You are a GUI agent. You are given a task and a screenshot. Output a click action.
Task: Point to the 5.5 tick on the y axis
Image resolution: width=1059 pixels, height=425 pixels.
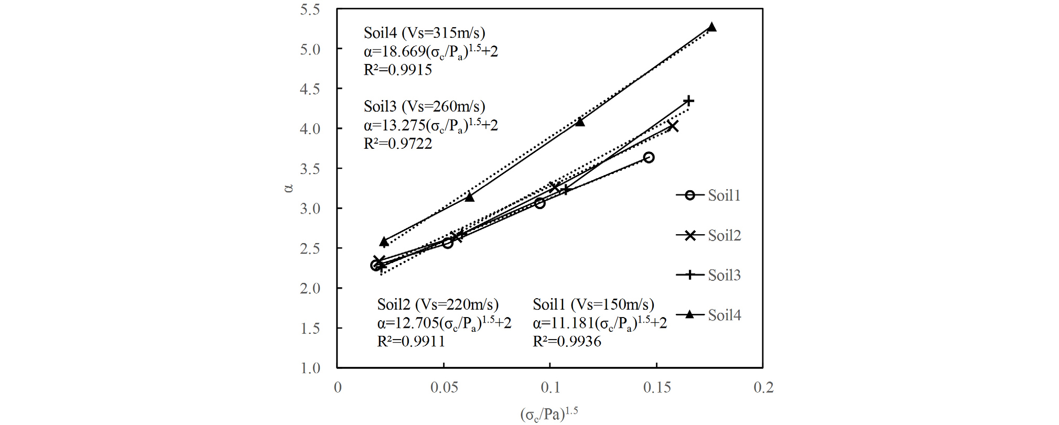[x=310, y=9]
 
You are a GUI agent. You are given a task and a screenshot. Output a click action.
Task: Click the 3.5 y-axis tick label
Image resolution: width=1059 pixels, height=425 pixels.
[x=310, y=169]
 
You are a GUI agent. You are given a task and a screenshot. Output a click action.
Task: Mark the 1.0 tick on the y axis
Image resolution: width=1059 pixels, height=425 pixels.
[x=310, y=368]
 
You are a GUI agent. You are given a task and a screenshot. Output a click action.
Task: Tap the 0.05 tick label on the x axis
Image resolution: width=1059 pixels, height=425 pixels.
[x=444, y=388]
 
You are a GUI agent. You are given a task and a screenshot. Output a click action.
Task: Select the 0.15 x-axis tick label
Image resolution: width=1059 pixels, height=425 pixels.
[x=657, y=388]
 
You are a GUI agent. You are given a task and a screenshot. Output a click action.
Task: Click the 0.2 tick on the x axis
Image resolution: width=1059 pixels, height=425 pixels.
[x=763, y=388]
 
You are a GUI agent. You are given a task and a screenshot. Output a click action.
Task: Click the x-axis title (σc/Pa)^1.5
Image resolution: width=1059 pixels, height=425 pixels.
[x=549, y=414]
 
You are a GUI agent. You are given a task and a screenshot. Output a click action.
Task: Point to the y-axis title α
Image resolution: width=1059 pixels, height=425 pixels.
[x=288, y=188]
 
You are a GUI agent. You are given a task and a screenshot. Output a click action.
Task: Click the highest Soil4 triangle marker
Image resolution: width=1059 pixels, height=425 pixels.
[x=711, y=27]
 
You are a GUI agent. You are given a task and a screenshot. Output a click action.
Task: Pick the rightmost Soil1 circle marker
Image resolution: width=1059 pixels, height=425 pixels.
[x=649, y=158]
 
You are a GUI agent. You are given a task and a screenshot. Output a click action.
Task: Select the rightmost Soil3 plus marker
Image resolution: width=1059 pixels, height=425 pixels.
[x=689, y=101]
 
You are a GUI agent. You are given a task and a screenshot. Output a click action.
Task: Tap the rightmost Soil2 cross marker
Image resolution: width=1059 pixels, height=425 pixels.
[x=673, y=126]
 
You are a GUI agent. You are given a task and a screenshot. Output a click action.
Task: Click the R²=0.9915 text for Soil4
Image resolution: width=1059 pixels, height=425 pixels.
[x=398, y=70]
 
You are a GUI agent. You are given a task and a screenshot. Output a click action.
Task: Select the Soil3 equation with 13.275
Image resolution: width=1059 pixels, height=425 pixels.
[x=430, y=125]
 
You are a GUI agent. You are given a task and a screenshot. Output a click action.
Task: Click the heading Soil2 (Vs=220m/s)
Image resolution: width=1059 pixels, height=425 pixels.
[x=438, y=304]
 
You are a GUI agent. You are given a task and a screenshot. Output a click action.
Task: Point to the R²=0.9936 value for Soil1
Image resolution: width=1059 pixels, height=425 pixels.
[x=567, y=342]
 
